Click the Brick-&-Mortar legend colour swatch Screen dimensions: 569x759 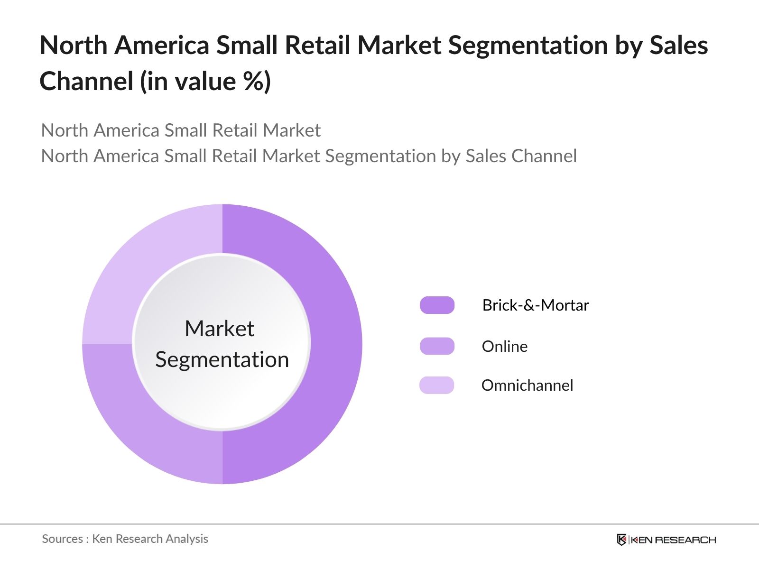pyautogui.click(x=437, y=305)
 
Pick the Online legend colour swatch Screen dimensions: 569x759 pyautogui.click(x=437, y=346)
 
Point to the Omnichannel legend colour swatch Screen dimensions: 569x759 pyautogui.click(x=437, y=385)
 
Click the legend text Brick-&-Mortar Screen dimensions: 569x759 pyautogui.click(x=535, y=305)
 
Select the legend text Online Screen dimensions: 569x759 pyautogui.click(x=504, y=346)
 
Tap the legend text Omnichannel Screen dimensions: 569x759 pyautogui.click(x=527, y=385)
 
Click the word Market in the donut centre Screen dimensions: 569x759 pyautogui.click(x=219, y=328)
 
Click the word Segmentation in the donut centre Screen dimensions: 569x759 pyautogui.click(x=222, y=359)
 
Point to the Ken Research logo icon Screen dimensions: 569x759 pyautogui.click(x=621, y=540)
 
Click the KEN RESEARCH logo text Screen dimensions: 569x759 pyautogui.click(x=673, y=540)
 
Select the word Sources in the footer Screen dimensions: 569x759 pyautogui.click(x=63, y=539)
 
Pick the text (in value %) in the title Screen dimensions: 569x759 pyautogui.click(x=205, y=81)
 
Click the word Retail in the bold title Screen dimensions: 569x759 pyautogui.click(x=317, y=46)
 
